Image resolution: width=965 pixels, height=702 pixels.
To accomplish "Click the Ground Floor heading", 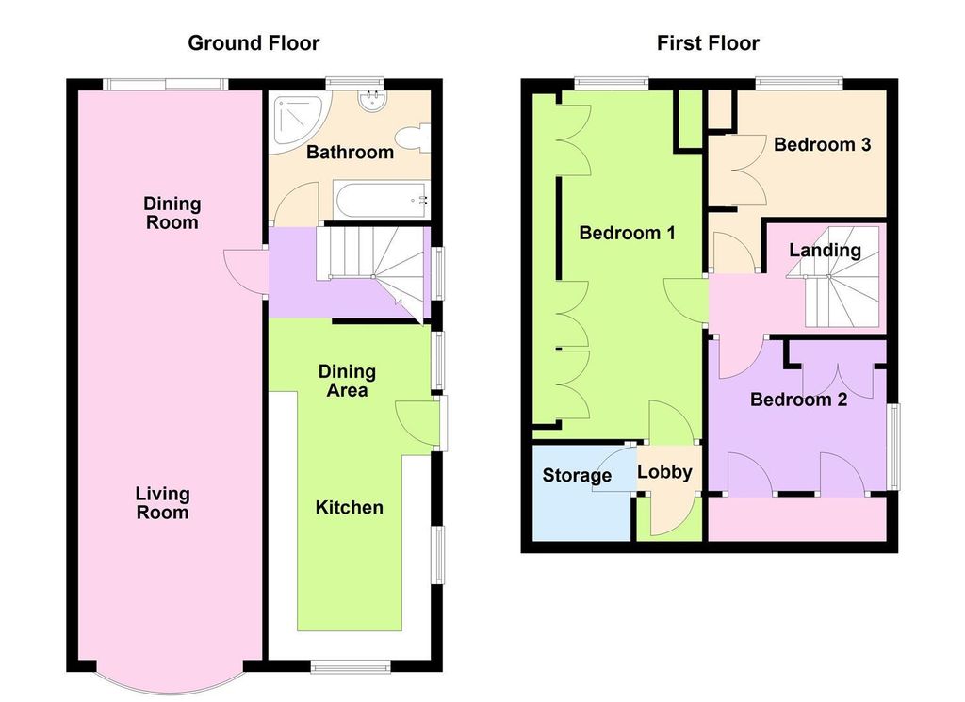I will pyautogui.click(x=254, y=43).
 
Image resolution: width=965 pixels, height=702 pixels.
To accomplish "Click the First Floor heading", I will pyautogui.click(x=708, y=43).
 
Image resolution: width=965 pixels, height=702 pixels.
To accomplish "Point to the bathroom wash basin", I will pyautogui.click(x=369, y=102).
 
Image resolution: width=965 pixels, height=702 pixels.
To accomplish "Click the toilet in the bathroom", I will pyautogui.click(x=414, y=139).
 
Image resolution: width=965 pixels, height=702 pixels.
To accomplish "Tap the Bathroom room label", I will pyautogui.click(x=350, y=153).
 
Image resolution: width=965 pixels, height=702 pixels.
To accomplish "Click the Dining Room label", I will pyautogui.click(x=172, y=213).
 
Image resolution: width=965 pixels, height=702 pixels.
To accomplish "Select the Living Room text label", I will pyautogui.click(x=162, y=503).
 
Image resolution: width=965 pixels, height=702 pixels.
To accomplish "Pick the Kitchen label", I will pyautogui.click(x=349, y=508).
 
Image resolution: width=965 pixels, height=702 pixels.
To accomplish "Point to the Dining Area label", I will pyautogui.click(x=347, y=381).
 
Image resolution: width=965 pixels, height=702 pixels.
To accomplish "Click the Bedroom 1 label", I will pyautogui.click(x=627, y=233).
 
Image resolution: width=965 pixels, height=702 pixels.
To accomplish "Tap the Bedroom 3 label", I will pyautogui.click(x=822, y=145).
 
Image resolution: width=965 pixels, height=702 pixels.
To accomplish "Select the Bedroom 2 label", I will pyautogui.click(x=798, y=400).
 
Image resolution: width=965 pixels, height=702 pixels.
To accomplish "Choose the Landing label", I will pyautogui.click(x=825, y=251).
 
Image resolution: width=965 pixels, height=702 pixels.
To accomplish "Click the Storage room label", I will pyautogui.click(x=577, y=476).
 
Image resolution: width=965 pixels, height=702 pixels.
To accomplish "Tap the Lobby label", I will pyautogui.click(x=665, y=472).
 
